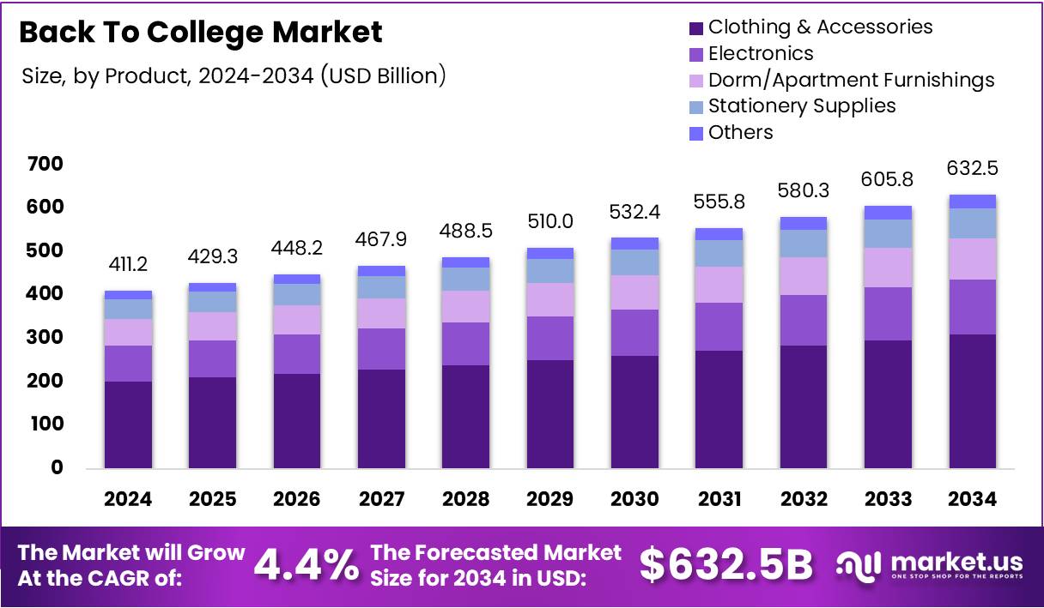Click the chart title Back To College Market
200,33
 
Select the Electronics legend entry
760,53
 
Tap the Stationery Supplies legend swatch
695,106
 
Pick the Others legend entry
740,132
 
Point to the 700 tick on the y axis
45,164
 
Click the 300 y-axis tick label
45,338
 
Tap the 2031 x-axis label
719,499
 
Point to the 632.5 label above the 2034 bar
973,168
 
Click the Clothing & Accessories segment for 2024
129,424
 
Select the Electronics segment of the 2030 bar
635,333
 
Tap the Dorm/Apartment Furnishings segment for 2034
973,259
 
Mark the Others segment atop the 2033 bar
889,213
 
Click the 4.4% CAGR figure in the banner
307,565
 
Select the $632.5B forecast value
726,565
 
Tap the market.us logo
929,565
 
